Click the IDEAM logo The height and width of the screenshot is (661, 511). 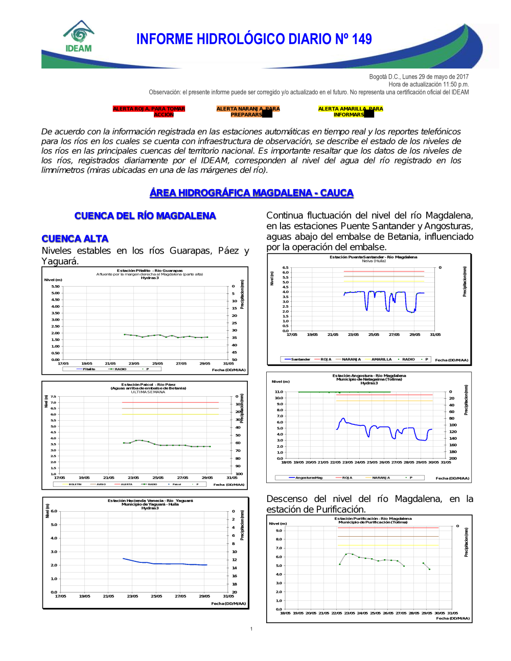tap(79, 37)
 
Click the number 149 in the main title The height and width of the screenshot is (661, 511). tap(361, 39)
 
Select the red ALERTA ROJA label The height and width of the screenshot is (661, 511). tap(149, 111)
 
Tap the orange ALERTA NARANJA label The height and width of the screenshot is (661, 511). tap(248, 111)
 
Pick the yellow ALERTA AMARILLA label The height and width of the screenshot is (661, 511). tap(350, 111)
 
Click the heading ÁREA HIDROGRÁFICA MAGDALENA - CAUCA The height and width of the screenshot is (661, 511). tap(251, 193)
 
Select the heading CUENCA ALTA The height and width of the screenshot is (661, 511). tap(75, 239)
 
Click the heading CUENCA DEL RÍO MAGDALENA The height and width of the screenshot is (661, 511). tap(145, 216)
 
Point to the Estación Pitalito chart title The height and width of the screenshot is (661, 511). tap(150, 270)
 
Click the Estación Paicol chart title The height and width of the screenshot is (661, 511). tap(148, 384)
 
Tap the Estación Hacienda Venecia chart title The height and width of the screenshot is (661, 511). tap(150, 500)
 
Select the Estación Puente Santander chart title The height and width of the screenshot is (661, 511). tap(373, 257)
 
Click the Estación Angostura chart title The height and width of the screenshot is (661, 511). tap(369, 375)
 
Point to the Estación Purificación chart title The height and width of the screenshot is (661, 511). tap(373, 518)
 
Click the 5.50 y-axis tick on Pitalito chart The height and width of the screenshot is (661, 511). tap(55, 286)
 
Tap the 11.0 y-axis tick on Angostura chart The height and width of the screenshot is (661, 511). tap(278, 392)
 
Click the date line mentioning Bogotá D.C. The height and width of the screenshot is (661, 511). tap(419, 77)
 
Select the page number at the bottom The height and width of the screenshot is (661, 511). tap(251, 629)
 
